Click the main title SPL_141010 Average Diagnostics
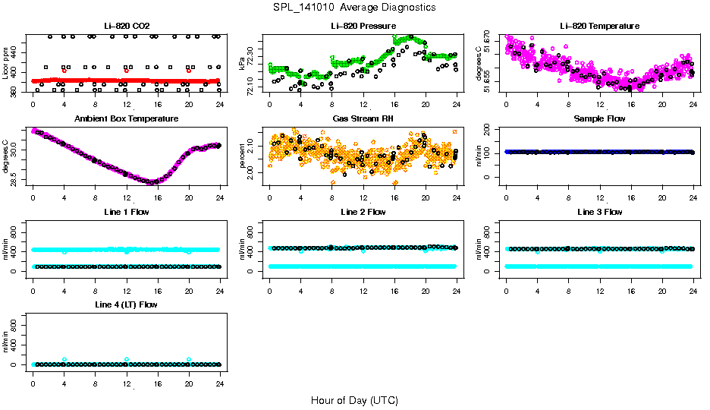355,7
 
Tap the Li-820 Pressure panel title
363,27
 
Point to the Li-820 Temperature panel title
599,27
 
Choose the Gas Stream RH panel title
363,119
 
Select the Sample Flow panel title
599,119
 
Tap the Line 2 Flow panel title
363,212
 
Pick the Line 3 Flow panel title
599,212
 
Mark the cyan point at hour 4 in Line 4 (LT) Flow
64,359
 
